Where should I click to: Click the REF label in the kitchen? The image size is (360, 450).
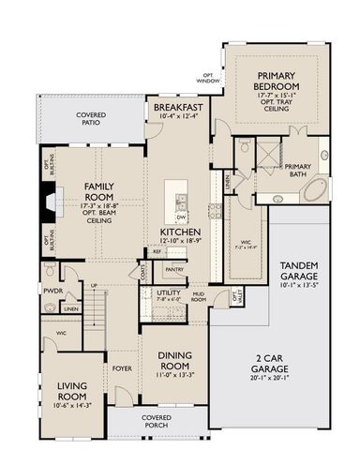tap(157, 253)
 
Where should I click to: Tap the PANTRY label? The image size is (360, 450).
tap(174, 270)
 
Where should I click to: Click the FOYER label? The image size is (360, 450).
tap(122, 369)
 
